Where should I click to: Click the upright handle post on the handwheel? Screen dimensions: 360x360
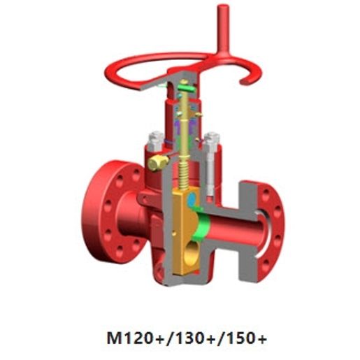pos(223,28)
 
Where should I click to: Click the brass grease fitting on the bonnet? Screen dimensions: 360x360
pos(157,162)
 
